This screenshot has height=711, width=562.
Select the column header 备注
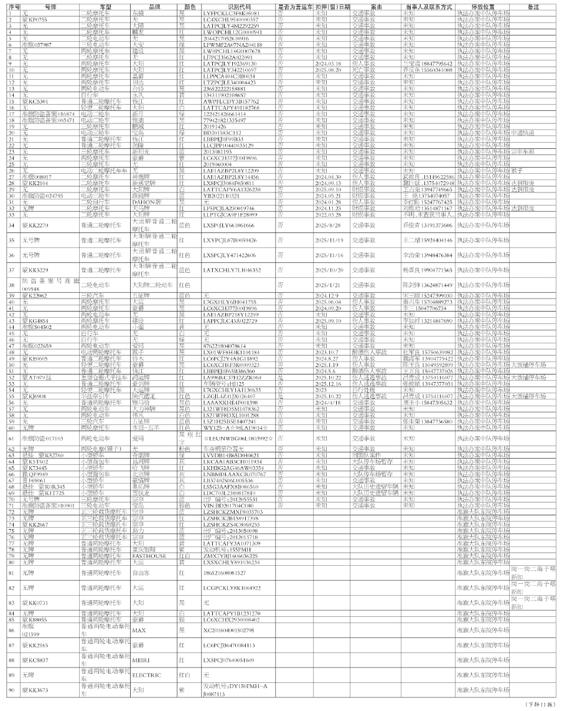click(x=533, y=6)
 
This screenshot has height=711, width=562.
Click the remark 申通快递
click(x=523, y=133)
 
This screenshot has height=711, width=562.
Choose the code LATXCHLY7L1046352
click(x=232, y=270)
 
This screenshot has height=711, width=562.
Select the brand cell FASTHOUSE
click(x=149, y=555)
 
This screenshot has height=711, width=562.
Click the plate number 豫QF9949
click(x=35, y=474)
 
